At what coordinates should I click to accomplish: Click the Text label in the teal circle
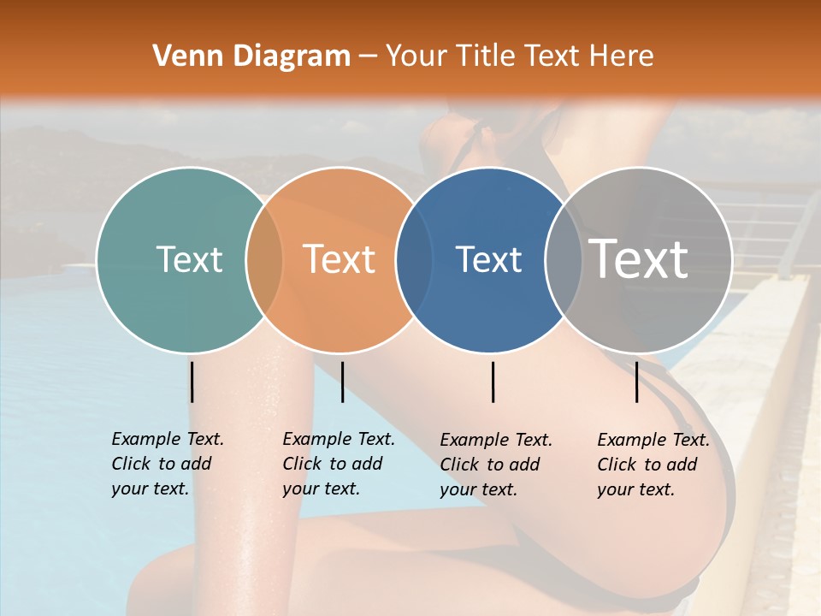[x=189, y=259]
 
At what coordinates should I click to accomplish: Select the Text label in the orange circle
[x=340, y=259]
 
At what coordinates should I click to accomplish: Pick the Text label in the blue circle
[x=488, y=259]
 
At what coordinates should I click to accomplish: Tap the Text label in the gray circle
[x=639, y=258]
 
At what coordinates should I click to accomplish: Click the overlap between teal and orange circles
[x=264, y=260]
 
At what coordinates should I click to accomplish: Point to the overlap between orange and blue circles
[x=414, y=260]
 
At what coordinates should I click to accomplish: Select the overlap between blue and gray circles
[x=564, y=260]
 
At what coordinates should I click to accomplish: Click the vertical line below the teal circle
[x=192, y=382]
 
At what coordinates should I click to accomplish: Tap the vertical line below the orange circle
[x=342, y=382]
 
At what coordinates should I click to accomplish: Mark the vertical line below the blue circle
[x=493, y=382]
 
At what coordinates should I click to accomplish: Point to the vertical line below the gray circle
[x=637, y=382]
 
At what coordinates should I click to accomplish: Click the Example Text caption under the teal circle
[x=167, y=464]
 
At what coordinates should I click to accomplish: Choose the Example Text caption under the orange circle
[x=338, y=464]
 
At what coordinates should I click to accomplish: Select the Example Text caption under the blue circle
[x=495, y=465]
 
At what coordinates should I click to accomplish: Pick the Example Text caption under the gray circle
[x=653, y=465]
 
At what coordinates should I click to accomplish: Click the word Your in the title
[x=415, y=56]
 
